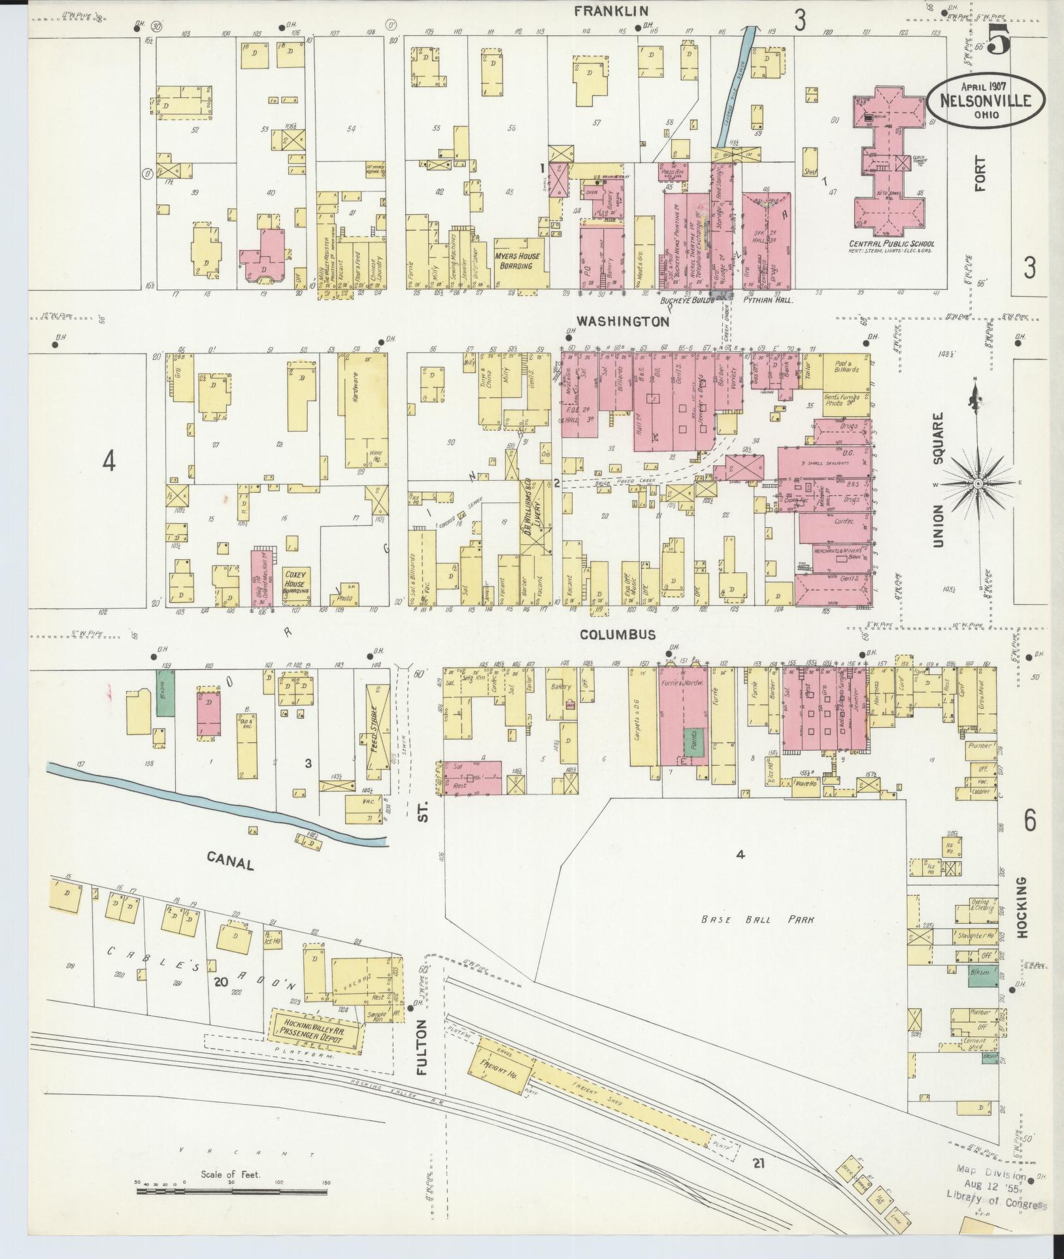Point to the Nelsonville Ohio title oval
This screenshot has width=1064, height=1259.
[x=985, y=100]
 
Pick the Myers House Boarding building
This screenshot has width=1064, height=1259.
[x=517, y=261]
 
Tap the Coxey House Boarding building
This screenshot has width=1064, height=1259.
[x=295, y=581]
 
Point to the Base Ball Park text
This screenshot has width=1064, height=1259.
[x=757, y=920]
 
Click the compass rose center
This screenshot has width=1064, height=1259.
[x=978, y=483]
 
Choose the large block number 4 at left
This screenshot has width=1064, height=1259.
[x=108, y=461]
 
